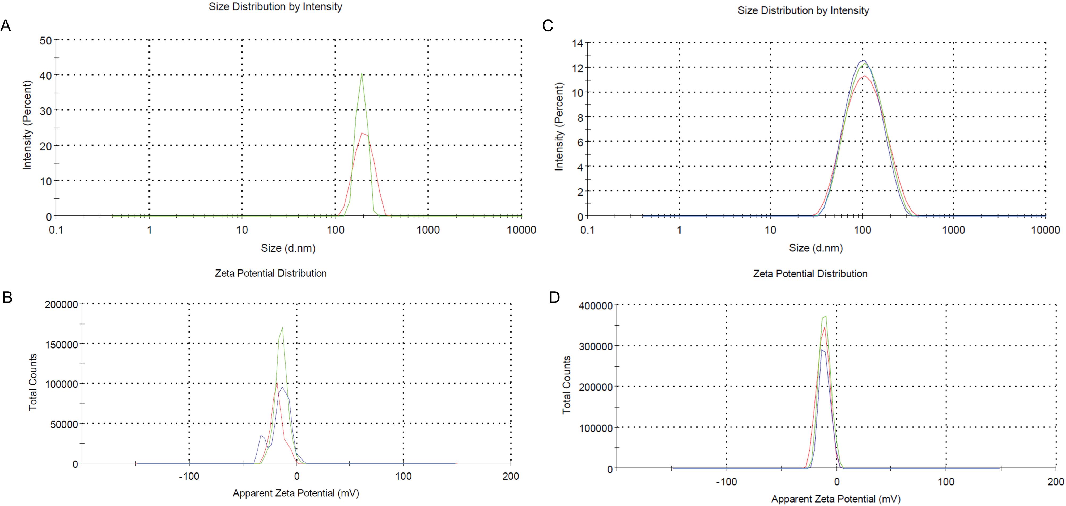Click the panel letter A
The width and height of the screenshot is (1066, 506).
tap(6, 26)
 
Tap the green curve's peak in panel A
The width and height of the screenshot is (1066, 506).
tap(362, 74)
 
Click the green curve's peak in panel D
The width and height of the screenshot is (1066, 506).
tap(826, 316)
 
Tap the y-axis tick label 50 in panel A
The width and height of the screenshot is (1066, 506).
tap(45, 41)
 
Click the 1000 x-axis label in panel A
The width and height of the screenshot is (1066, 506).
tap(428, 230)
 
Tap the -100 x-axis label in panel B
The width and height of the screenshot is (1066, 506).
tap(189, 476)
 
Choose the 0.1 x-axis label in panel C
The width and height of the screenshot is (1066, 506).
tap(587, 230)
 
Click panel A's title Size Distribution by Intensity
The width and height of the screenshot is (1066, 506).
tap(275, 7)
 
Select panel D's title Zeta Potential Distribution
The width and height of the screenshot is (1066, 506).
tap(810, 273)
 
